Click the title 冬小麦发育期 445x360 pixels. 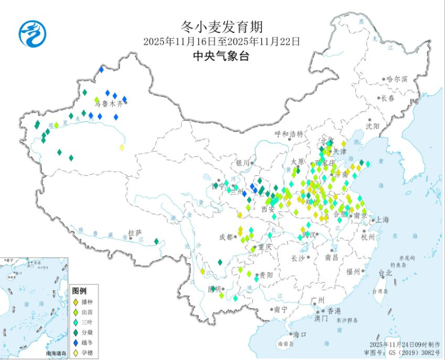tap(222, 26)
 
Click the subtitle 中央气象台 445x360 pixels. tap(222, 55)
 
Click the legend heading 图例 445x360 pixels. tap(79, 291)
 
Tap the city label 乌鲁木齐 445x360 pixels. tap(107, 103)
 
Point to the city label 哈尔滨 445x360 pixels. tap(397, 79)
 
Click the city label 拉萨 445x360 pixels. tap(135, 232)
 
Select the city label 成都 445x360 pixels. tap(226, 237)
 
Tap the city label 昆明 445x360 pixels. tap(214, 289)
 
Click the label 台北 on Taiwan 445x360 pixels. tap(385, 273)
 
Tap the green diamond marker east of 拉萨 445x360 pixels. tap(156, 241)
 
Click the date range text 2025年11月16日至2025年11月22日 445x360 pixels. tap(222, 41)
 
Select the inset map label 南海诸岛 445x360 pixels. tap(56, 354)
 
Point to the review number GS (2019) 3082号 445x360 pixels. tap(412, 353)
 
